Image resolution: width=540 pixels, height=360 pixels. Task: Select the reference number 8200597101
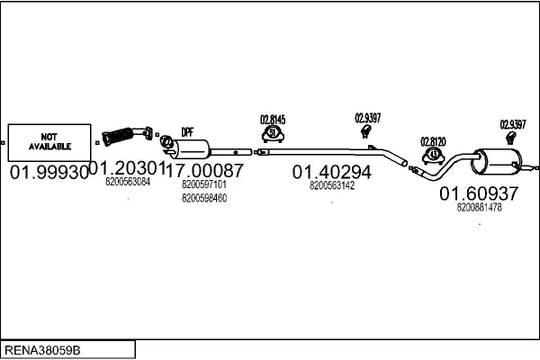204,184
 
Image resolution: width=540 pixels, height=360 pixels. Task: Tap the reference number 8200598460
204,197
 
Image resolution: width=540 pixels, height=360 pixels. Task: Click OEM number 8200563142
331,185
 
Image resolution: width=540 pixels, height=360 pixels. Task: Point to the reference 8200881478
479,207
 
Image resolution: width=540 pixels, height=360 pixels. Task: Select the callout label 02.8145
273,119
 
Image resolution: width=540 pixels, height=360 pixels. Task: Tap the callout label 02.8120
434,141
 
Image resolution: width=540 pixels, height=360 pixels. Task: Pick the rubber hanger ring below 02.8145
274,134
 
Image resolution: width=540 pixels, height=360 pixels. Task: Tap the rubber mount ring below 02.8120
433,155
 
